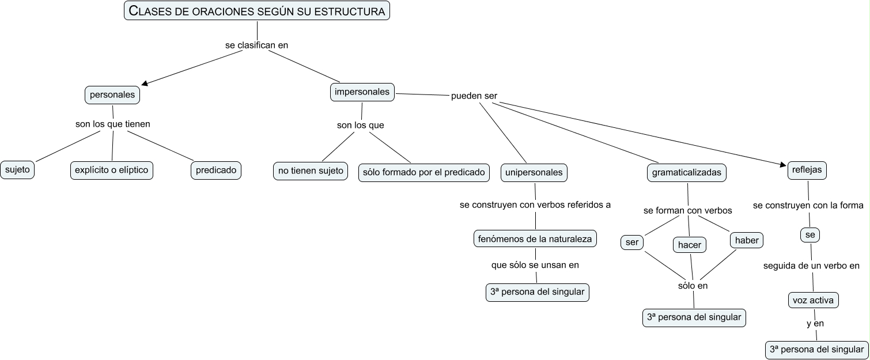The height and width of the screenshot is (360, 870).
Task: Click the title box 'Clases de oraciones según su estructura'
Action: pyautogui.click(x=257, y=11)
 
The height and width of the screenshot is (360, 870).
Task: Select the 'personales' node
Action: pyautogui.click(x=112, y=94)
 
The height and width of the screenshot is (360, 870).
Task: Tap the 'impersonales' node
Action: pyautogui.click(x=362, y=92)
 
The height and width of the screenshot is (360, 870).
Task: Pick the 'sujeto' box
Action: pyautogui.click(x=17, y=170)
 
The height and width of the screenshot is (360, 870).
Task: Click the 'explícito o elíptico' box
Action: pyautogui.click(x=112, y=170)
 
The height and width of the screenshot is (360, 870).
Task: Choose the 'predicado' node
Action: pyautogui.click(x=216, y=170)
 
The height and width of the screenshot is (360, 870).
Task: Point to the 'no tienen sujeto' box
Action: pyautogui.click(x=311, y=170)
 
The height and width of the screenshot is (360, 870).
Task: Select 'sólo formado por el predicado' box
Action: pyautogui.click(x=424, y=172)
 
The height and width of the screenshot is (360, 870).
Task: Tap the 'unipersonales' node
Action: pyautogui.click(x=534, y=172)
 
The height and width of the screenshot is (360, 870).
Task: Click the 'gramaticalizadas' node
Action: pyautogui.click(x=686, y=172)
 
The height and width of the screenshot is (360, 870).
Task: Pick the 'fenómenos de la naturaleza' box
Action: pyautogui.click(x=535, y=239)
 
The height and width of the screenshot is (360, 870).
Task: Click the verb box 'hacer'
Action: pyautogui.click(x=690, y=245)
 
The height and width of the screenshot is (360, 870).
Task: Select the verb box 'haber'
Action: pyautogui.click(x=747, y=241)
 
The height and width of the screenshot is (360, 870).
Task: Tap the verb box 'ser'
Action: pyautogui.click(x=632, y=242)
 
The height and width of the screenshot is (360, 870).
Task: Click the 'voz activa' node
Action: pyautogui.click(x=813, y=300)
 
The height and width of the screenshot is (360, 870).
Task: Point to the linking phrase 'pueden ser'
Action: pyautogui.click(x=474, y=96)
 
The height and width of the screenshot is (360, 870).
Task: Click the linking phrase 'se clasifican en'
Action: pyautogui.click(x=256, y=44)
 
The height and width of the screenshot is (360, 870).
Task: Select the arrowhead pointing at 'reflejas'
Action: pyautogui.click(x=784, y=166)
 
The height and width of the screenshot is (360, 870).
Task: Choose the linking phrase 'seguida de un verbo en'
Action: pyautogui.click(x=811, y=266)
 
